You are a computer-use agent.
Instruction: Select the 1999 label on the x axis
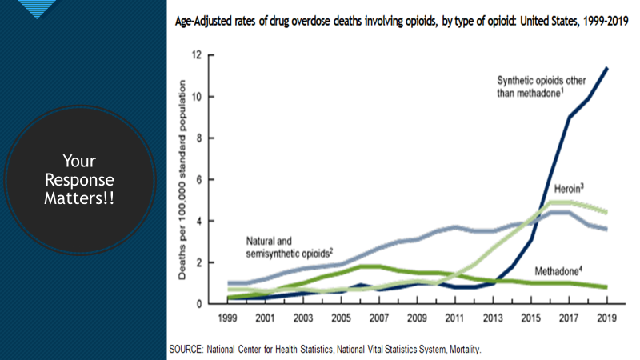point(227,317)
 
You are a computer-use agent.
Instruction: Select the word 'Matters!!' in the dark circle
point(79,197)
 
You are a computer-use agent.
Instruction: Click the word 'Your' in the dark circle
point(79,162)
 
